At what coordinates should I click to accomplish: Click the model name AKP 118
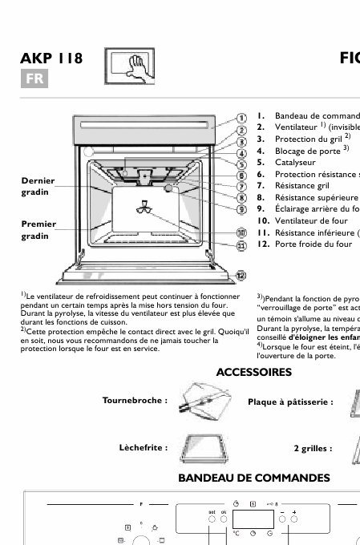pyautogui.click(x=52, y=59)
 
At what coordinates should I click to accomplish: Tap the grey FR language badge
pyautogui.click(x=34, y=79)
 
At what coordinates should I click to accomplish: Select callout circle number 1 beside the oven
pyautogui.click(x=241, y=118)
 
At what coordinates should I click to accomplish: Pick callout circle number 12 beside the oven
pyautogui.click(x=241, y=275)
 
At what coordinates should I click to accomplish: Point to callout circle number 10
pyautogui.click(x=241, y=232)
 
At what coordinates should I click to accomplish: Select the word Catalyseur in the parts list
pyautogui.click(x=295, y=162)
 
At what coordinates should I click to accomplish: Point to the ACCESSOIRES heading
pyautogui.click(x=253, y=372)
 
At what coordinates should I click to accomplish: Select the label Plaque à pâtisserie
pyautogui.click(x=290, y=402)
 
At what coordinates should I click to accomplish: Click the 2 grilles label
pyautogui.click(x=313, y=448)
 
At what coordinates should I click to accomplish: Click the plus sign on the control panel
pyautogui.click(x=294, y=511)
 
